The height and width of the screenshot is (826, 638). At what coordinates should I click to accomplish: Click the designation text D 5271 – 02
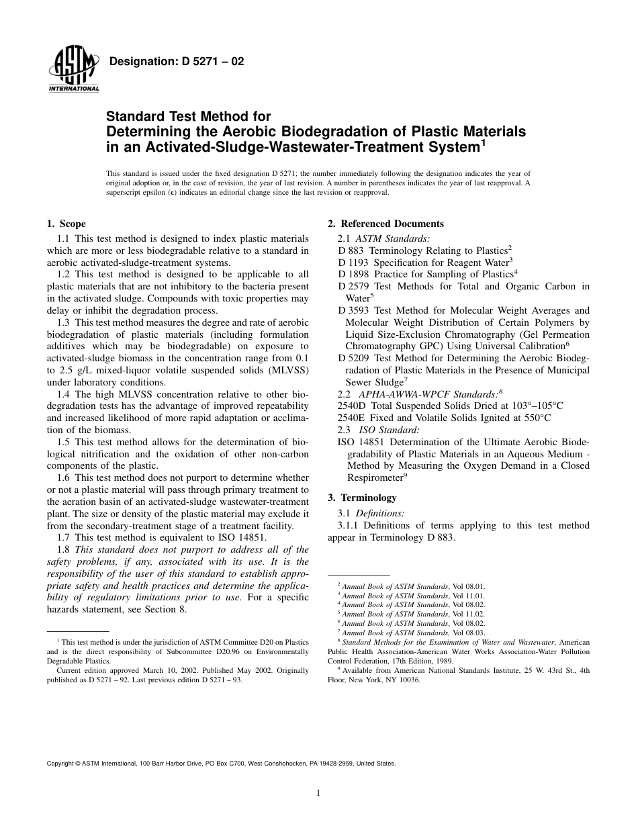tap(176, 62)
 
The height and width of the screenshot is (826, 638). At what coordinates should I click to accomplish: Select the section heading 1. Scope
tap(66, 224)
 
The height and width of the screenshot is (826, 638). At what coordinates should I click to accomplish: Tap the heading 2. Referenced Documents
tap(385, 224)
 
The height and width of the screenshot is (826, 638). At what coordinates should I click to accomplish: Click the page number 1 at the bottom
tap(318, 793)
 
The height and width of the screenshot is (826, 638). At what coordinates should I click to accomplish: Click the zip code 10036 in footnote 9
tap(408, 680)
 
